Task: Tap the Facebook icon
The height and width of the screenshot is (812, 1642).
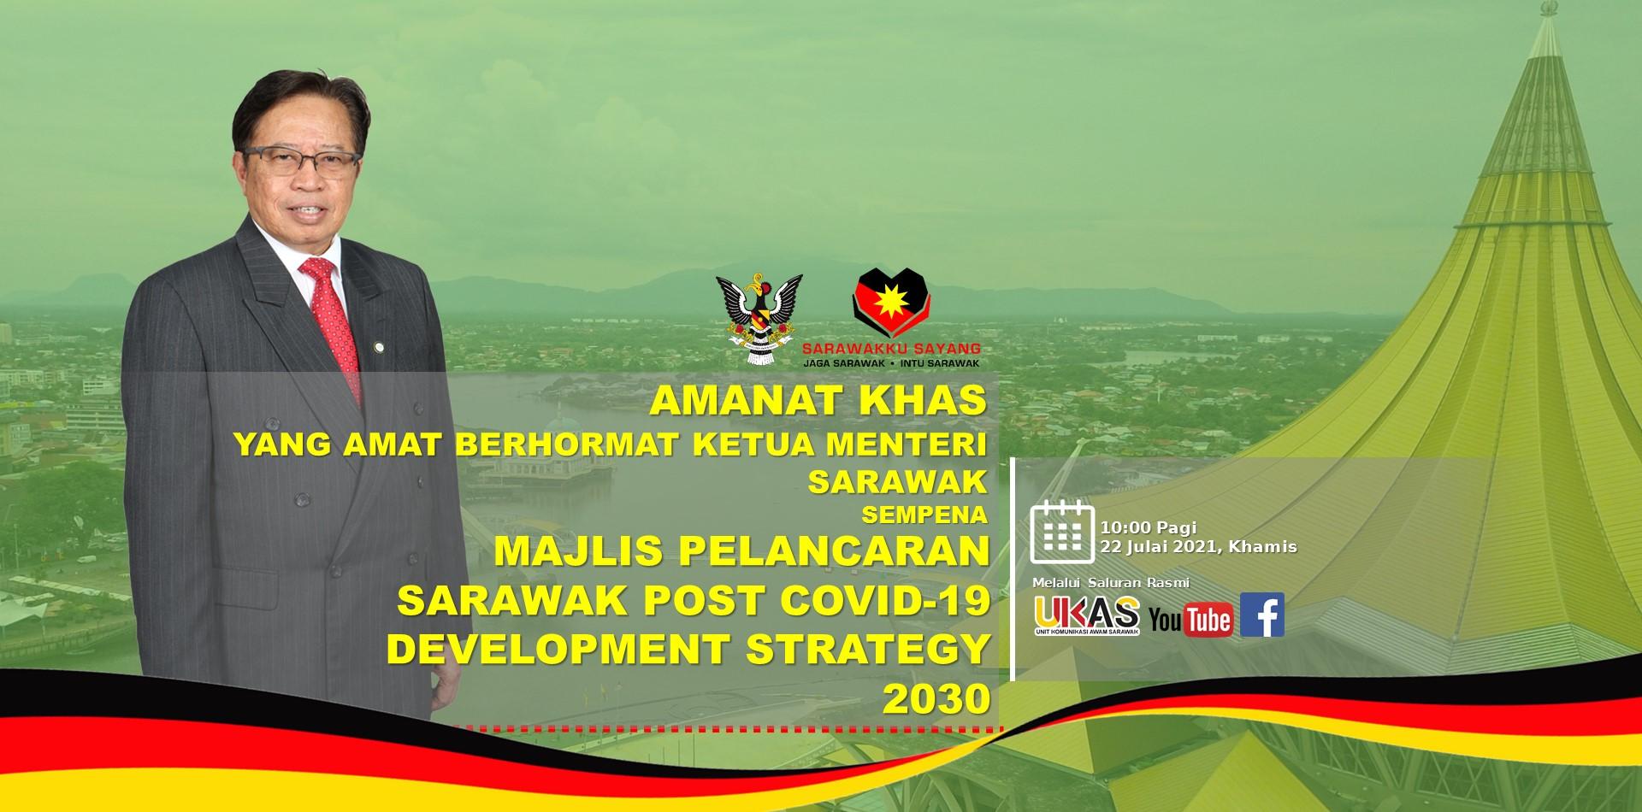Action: pyautogui.click(x=1262, y=615)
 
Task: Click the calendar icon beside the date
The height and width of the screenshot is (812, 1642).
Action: pyautogui.click(x=1062, y=532)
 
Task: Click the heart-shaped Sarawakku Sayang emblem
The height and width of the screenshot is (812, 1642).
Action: pyautogui.click(x=892, y=303)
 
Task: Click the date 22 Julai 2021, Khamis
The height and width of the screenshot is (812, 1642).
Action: pyautogui.click(x=1199, y=546)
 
